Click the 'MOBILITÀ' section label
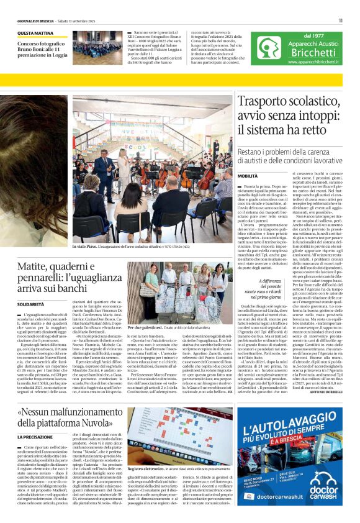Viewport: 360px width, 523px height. pos(248,177)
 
